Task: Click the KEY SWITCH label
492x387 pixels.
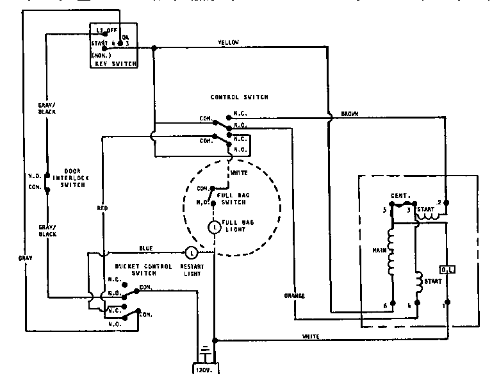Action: click(x=113, y=63)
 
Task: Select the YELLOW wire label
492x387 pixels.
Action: click(x=228, y=42)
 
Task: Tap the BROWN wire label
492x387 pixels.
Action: click(x=349, y=113)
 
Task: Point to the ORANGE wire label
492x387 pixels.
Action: click(x=295, y=295)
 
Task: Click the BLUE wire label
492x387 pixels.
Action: click(x=146, y=249)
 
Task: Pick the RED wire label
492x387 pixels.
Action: click(x=102, y=208)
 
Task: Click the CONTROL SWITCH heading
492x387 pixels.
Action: click(x=239, y=97)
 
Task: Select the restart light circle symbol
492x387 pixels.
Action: click(x=191, y=253)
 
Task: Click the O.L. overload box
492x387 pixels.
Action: click(x=447, y=270)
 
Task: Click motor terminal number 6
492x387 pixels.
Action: click(x=385, y=306)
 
